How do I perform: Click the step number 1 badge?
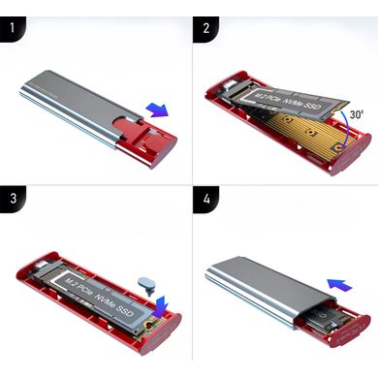coord(13,28)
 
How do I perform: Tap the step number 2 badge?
coord(205,29)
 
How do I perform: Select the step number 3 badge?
coord(13,199)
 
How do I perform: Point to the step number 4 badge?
coord(205,200)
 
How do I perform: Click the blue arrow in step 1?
coord(157,110)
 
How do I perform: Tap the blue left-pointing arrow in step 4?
coord(339,285)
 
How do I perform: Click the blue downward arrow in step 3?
coord(161,307)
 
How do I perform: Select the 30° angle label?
coord(357,114)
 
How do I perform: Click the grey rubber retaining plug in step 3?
coord(147,286)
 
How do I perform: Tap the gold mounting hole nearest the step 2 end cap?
coord(338,147)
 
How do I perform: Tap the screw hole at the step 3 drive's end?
coord(150,324)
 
